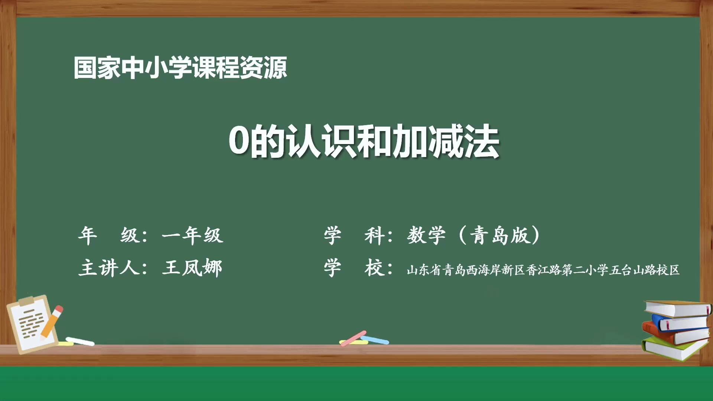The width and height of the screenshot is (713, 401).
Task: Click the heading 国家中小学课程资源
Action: point(180,68)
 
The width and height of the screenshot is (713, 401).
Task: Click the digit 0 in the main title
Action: point(238,141)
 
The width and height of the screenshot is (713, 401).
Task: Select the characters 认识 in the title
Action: point(321,141)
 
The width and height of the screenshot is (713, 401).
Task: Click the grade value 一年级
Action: point(192,235)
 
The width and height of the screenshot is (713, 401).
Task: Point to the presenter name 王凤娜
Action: point(192,268)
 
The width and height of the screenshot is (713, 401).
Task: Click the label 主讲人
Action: point(108,268)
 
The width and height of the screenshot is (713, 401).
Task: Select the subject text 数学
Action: point(426,235)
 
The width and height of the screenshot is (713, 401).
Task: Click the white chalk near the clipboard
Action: point(80,341)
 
